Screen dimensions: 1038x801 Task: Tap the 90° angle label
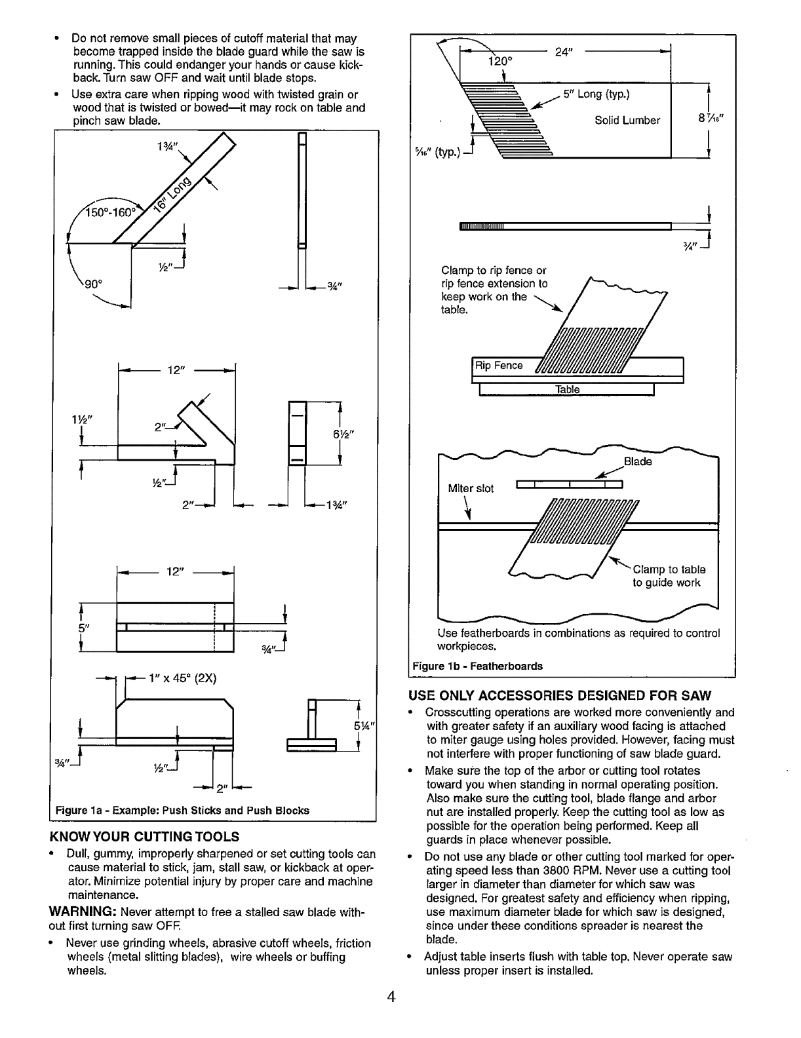(92, 284)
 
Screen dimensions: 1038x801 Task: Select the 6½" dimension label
(355, 434)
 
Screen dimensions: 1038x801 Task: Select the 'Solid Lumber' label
(627, 121)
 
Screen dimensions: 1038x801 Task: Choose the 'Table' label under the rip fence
(567, 389)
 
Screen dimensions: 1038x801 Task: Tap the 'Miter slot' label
(471, 488)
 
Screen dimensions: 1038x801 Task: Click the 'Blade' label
(638, 461)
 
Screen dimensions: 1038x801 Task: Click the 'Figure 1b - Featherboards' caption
(477, 666)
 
